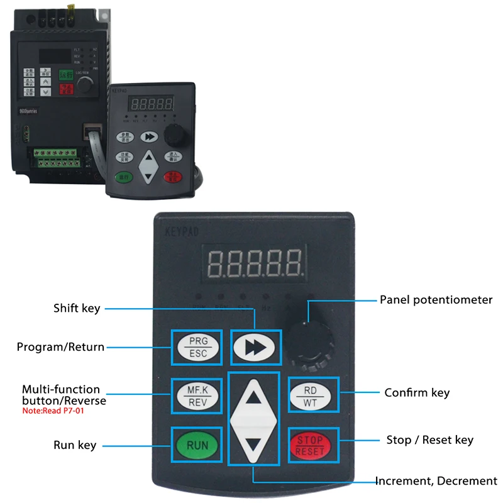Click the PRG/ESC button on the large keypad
pos(197,346)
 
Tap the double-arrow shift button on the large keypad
pos(254,346)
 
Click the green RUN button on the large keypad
pos(196,445)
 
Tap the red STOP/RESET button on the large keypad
pos(312,445)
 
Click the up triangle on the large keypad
pos(254,397)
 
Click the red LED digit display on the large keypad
pos(255,263)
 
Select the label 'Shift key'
pos(77,308)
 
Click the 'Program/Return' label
pos(60,346)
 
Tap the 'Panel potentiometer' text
pos(436,300)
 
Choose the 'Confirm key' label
pos(417,393)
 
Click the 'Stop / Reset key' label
pos(429,440)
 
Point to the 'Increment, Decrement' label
pos(436,481)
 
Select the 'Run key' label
pos(74,445)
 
